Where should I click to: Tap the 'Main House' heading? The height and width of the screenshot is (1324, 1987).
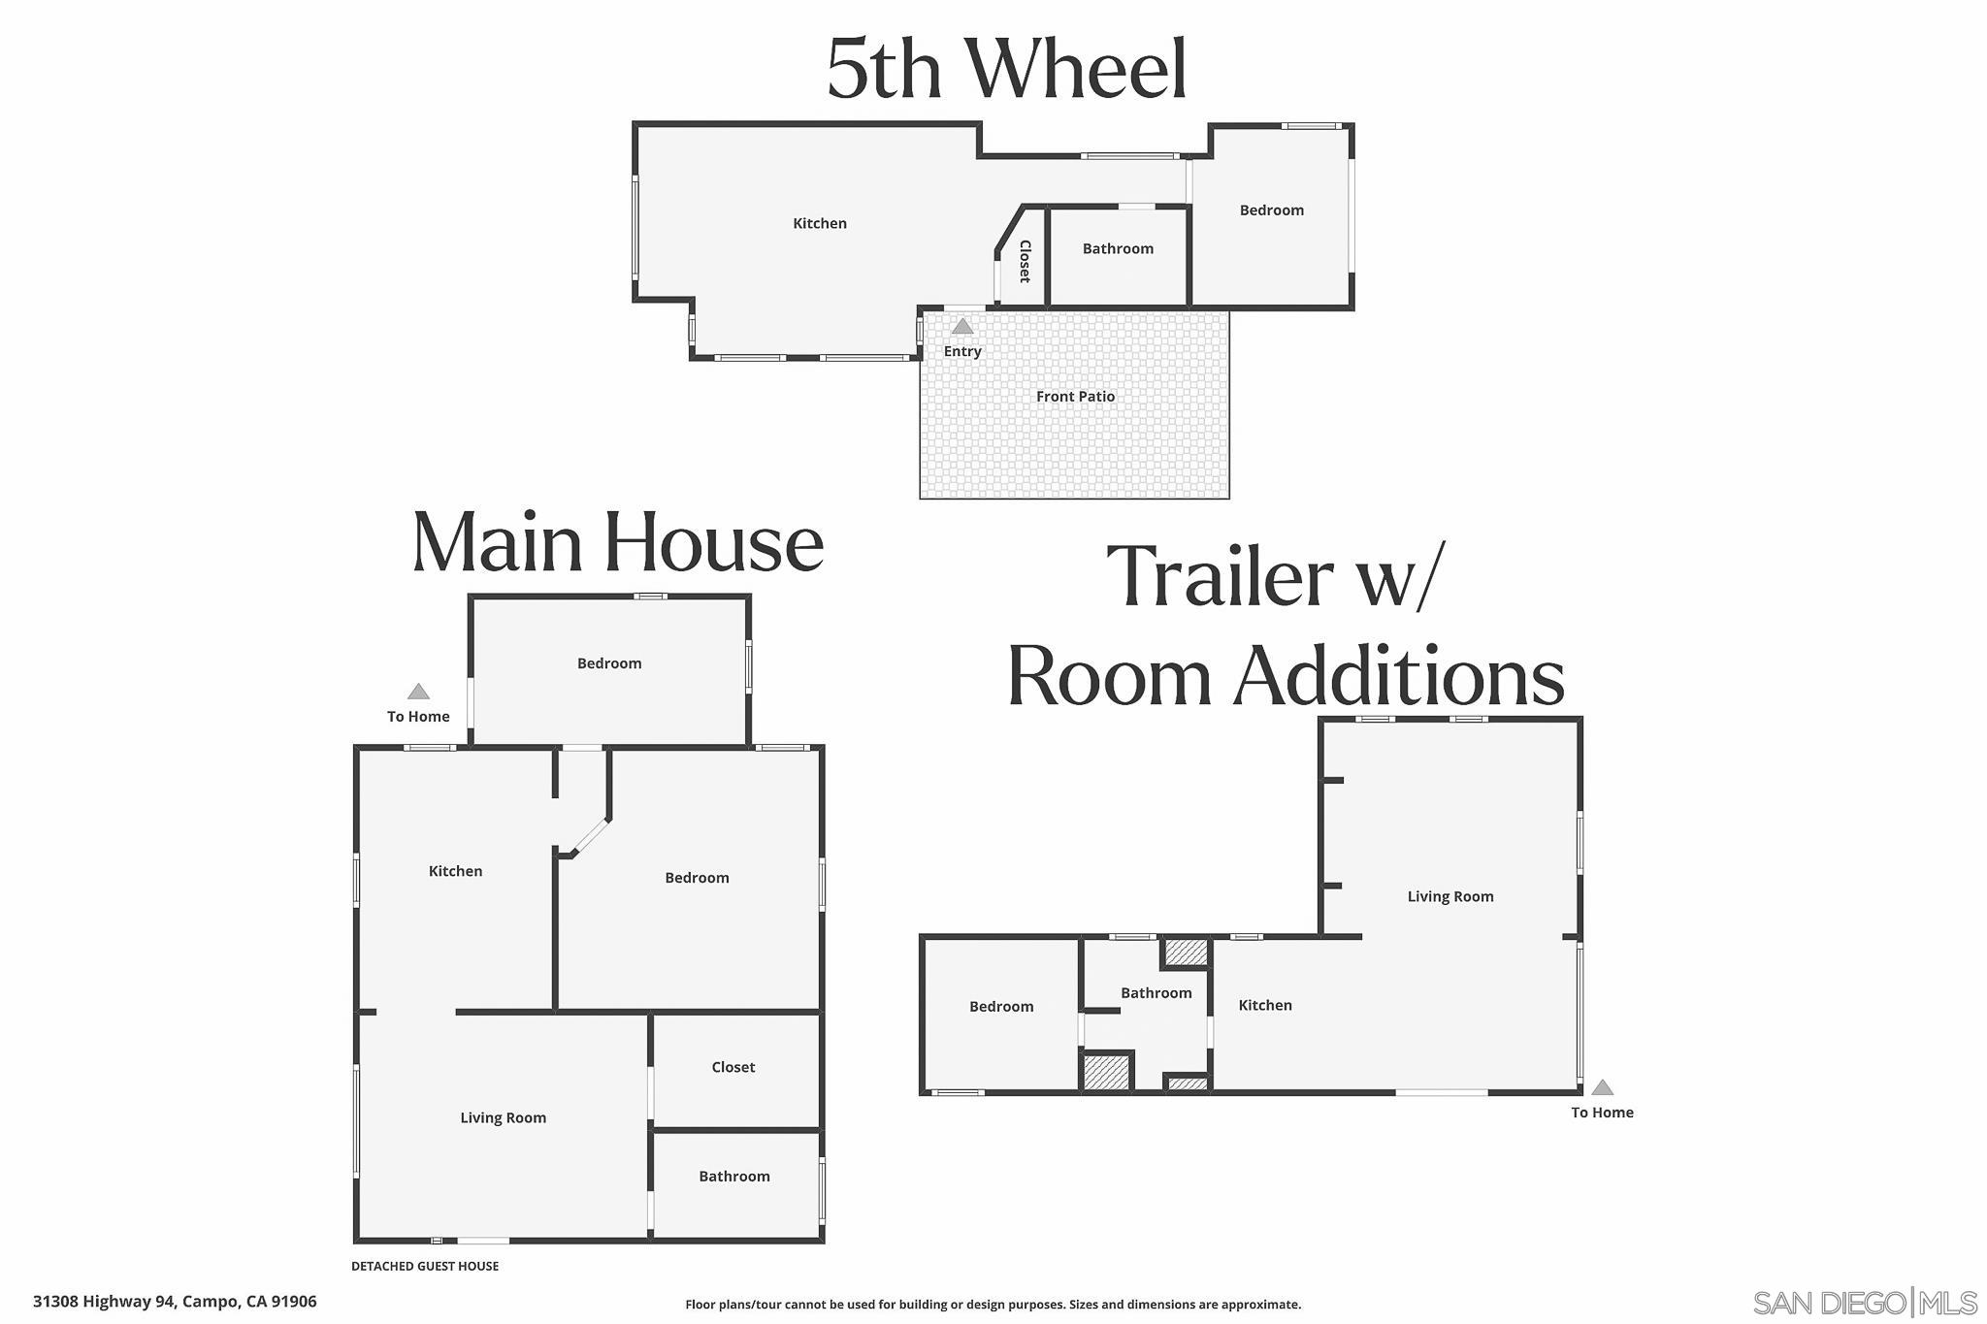click(618, 542)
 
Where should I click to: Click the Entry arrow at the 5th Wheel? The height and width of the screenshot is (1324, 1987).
click(961, 326)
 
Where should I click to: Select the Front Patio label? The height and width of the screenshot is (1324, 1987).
click(1075, 396)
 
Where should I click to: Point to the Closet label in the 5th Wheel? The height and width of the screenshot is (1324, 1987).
click(1025, 261)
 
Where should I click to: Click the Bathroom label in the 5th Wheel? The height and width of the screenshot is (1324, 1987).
click(1118, 248)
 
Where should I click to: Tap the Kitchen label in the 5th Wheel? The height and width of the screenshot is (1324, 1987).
click(820, 223)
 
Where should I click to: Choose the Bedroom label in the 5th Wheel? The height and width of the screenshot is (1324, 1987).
click(1271, 210)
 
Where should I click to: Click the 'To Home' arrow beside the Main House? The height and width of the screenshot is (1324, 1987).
click(418, 692)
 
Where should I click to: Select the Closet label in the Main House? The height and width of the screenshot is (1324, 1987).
click(733, 1067)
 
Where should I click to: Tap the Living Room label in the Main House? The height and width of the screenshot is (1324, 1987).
click(503, 1117)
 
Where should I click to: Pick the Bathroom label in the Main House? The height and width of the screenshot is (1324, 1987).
click(733, 1176)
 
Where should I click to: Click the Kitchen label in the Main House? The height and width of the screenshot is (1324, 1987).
click(455, 871)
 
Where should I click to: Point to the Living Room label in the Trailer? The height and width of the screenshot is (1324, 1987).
click(1450, 896)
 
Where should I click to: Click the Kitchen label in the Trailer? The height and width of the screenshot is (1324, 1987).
click(1265, 1005)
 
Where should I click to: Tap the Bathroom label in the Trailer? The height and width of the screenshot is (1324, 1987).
click(1156, 992)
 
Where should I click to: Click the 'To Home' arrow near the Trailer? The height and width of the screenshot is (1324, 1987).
click(1602, 1087)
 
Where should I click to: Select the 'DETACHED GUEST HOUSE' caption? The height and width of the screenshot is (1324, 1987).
click(425, 1266)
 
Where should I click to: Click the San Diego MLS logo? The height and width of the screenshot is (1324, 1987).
click(1865, 1302)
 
